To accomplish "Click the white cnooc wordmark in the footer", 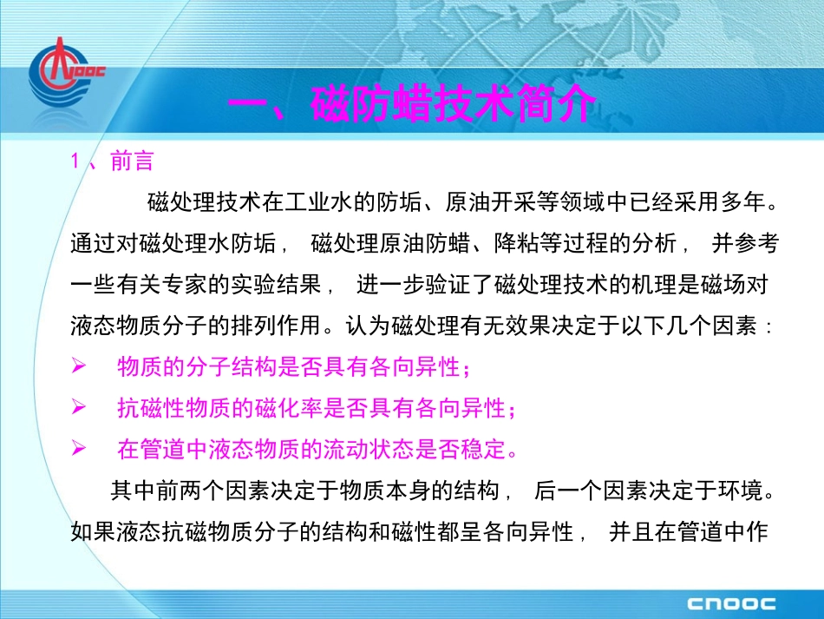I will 732,603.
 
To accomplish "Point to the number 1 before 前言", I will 76,161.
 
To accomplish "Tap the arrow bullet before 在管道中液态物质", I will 78,449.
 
